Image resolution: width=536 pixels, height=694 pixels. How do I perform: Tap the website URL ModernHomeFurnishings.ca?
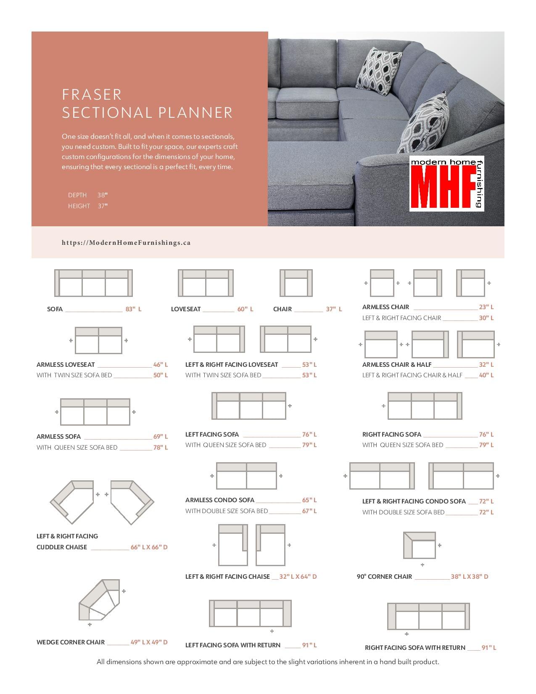pos(126,243)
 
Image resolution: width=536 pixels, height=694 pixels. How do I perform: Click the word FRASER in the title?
pos(92,94)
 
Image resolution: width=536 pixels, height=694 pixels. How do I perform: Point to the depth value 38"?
pos(103,195)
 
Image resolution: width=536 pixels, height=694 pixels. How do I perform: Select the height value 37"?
pos(103,206)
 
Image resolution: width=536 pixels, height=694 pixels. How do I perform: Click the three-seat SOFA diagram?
pos(93,283)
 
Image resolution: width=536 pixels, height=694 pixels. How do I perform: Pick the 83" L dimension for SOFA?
pos(133,309)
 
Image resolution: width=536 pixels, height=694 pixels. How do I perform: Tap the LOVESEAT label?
pos(186,309)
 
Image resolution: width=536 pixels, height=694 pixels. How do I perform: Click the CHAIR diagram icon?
pos(296,283)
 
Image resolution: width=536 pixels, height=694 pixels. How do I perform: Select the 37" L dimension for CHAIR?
pos(334,309)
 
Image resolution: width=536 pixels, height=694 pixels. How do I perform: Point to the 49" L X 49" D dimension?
pos(149,642)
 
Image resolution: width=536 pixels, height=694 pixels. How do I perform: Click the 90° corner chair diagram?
pos(420,546)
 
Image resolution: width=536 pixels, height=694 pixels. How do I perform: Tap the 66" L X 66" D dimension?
pos(149,547)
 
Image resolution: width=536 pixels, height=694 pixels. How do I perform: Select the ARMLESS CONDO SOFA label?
pos(220,500)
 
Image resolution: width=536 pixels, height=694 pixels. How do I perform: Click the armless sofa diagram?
pos(95,412)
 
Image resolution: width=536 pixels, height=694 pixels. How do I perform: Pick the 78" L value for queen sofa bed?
pos(161,448)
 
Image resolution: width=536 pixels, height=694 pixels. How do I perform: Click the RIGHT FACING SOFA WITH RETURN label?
pos(415,648)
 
